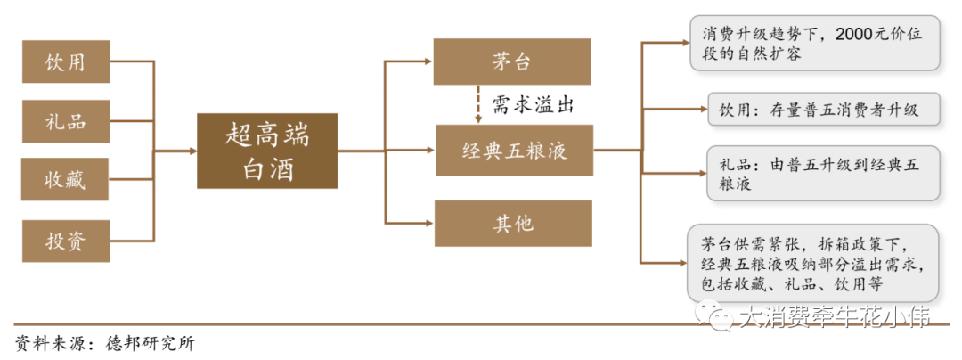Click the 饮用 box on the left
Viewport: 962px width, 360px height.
click(x=66, y=62)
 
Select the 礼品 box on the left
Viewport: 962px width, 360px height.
click(x=66, y=120)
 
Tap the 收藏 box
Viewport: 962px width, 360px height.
click(x=66, y=179)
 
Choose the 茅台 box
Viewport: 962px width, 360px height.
click(x=513, y=61)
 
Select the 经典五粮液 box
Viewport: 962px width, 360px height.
click(x=513, y=151)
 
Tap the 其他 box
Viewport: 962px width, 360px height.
click(x=513, y=223)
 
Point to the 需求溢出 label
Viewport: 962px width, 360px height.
click(x=533, y=105)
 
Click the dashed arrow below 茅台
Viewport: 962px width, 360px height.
click(x=478, y=105)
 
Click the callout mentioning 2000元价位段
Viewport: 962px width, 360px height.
click(x=815, y=44)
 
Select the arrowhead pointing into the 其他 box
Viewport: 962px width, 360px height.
click(x=429, y=223)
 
